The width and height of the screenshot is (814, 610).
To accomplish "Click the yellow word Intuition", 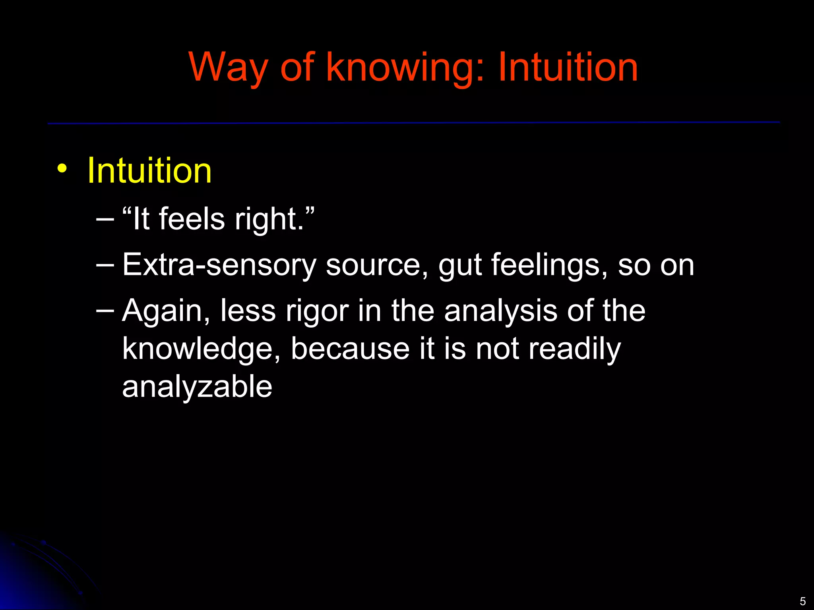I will click(x=149, y=171).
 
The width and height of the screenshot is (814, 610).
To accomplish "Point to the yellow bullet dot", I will click(x=62, y=169).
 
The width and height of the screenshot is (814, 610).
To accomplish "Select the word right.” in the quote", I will click(x=274, y=219).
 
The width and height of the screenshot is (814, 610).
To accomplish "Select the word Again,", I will click(x=166, y=311).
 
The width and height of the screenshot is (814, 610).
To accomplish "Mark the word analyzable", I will click(x=197, y=387).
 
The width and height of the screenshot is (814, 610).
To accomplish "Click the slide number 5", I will click(x=802, y=601).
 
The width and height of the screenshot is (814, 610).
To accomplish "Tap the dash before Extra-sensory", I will click(x=105, y=263).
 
